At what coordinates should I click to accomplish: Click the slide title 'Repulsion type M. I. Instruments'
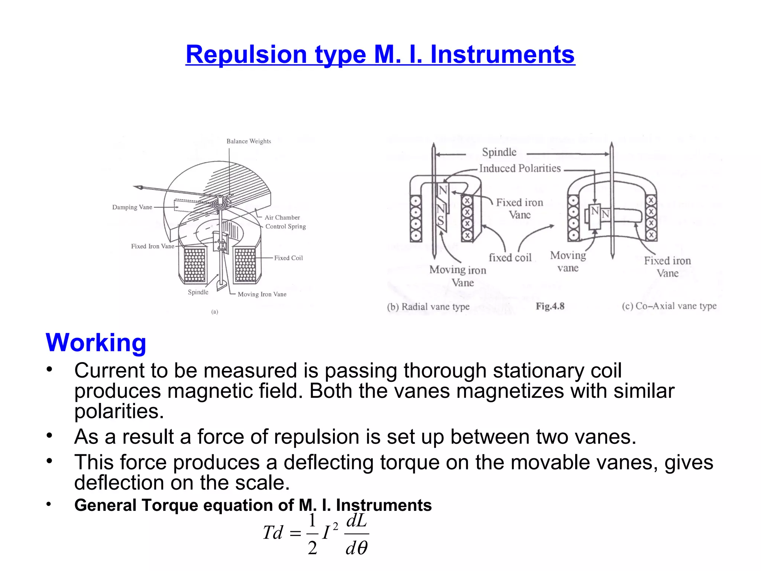380,55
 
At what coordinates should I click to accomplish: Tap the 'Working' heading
96,342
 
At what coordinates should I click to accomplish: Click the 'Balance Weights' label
249,141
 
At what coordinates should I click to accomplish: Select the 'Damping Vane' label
132,207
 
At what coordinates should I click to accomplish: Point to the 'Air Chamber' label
282,217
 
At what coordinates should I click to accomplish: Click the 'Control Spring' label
285,226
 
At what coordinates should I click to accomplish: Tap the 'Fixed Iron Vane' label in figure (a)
152,246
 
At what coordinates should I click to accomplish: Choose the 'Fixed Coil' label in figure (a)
288,258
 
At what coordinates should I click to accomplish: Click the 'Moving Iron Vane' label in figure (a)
262,294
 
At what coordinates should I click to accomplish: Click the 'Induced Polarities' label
520,168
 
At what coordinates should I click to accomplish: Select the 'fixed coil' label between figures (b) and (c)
510,258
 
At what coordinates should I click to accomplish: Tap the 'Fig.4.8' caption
550,306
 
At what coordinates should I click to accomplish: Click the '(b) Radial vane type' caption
428,307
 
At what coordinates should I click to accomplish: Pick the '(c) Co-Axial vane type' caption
669,306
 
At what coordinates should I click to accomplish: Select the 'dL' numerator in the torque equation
356,521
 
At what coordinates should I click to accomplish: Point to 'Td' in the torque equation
273,533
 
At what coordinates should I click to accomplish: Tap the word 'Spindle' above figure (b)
499,152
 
